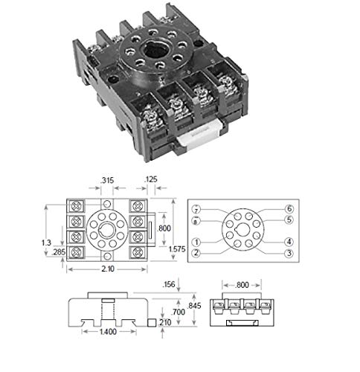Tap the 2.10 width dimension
106,269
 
